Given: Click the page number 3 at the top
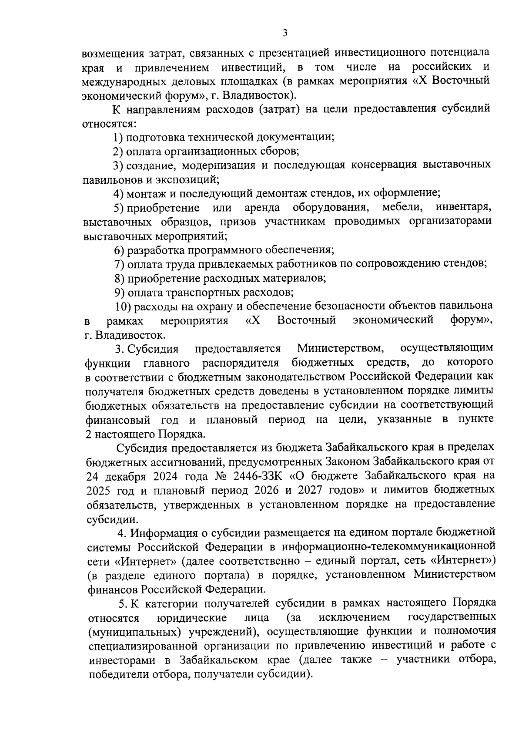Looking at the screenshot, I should pos(285,33).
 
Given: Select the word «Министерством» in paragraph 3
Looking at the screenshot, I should pos(340,348).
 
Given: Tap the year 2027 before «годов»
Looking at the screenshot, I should pos(311,490).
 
